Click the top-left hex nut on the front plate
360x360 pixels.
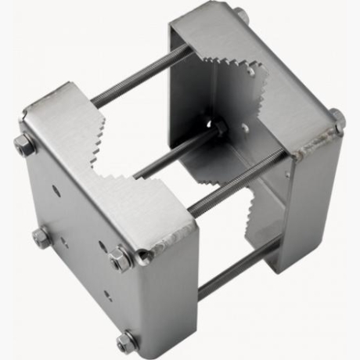[x=25, y=144]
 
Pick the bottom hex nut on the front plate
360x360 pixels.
[x=126, y=341]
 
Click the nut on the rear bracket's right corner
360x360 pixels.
[x=337, y=117]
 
